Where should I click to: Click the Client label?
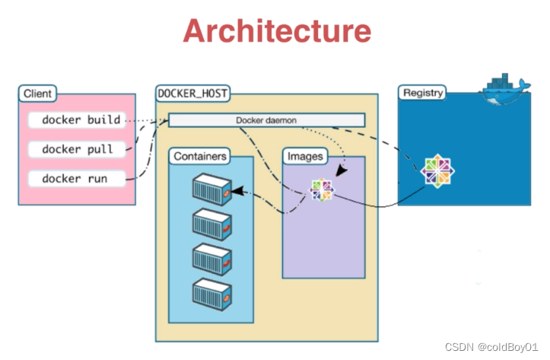(x=37, y=94)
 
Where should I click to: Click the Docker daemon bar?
(x=266, y=120)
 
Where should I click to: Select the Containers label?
(x=200, y=156)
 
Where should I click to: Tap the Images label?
(x=304, y=156)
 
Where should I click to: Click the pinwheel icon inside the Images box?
(x=322, y=190)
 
